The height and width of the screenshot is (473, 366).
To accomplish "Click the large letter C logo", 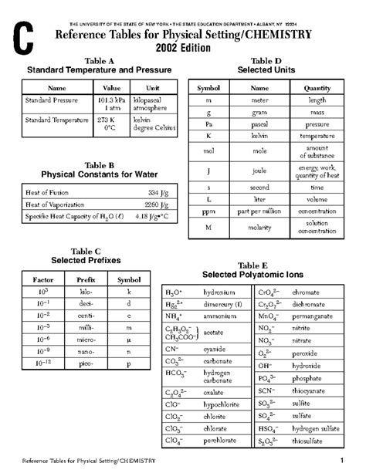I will (25, 35).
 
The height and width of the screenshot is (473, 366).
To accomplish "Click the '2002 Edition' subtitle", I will (182, 47).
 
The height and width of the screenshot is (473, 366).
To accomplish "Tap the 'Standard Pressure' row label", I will (48, 100).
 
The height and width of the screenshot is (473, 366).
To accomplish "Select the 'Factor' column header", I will (38, 279).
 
